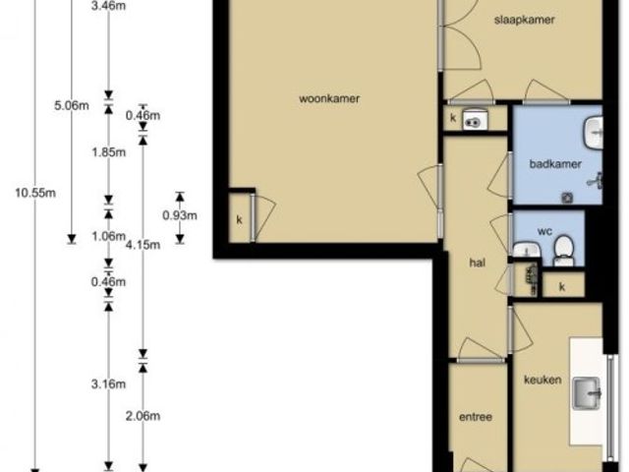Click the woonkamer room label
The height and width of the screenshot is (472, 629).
(x=329, y=98)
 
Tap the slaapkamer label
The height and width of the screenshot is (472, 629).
(x=524, y=20)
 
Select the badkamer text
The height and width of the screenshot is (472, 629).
(x=555, y=164)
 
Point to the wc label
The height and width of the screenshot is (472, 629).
(x=544, y=231)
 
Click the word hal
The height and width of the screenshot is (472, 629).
(x=477, y=263)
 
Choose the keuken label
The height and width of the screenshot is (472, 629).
(x=543, y=380)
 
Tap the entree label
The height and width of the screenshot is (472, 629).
(x=476, y=417)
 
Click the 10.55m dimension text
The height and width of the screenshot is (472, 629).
(x=35, y=193)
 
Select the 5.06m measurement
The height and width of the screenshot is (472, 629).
(x=72, y=106)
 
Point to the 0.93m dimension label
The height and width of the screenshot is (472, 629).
(x=180, y=215)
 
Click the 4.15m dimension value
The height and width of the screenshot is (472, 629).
(x=143, y=245)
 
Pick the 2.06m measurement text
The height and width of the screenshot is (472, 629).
(x=143, y=416)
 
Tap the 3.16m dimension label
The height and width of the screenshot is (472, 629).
(x=108, y=384)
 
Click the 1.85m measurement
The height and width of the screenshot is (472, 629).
(x=108, y=152)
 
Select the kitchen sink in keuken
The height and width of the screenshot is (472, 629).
(x=587, y=393)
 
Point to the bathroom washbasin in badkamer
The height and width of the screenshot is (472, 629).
(x=594, y=133)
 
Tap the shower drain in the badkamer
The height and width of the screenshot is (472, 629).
(x=567, y=197)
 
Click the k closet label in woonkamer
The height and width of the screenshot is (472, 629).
(x=239, y=220)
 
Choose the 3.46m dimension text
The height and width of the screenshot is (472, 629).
(x=108, y=7)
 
